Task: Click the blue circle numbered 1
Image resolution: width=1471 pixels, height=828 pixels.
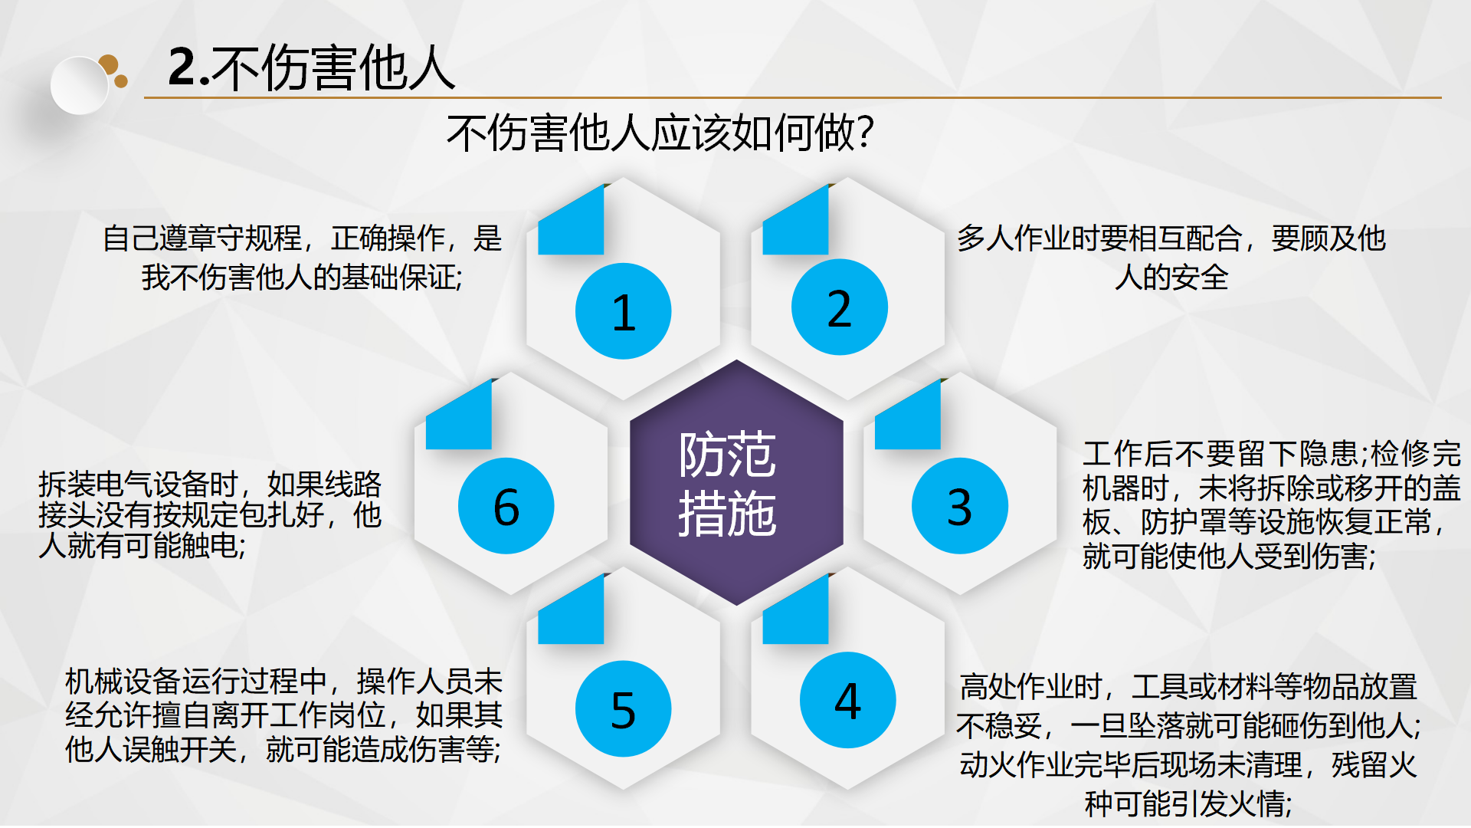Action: pyautogui.click(x=623, y=310)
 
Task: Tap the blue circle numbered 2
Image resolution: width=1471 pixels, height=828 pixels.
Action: pyautogui.click(x=840, y=307)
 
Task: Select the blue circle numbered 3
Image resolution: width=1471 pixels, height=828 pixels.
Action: pyautogui.click(x=959, y=506)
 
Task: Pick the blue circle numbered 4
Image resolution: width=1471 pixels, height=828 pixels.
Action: pyautogui.click(x=847, y=700)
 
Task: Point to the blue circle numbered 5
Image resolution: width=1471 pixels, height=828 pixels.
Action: pyautogui.click(x=623, y=709)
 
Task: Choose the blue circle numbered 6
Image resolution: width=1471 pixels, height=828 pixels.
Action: pyautogui.click(x=506, y=506)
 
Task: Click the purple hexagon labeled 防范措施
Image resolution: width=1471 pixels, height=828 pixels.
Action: pyautogui.click(x=736, y=482)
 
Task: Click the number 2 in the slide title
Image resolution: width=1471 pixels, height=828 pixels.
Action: pyautogui.click(x=182, y=67)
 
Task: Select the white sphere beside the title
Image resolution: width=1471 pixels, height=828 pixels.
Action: pyautogui.click(x=80, y=85)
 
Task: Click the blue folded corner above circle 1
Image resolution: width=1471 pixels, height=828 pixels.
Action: pyautogui.click(x=571, y=220)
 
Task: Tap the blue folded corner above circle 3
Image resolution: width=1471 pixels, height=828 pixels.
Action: pyautogui.click(x=908, y=414)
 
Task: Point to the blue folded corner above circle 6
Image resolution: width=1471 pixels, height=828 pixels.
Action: pyautogui.click(x=459, y=414)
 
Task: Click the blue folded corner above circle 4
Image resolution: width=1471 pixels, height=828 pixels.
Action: pyautogui.click(x=795, y=609)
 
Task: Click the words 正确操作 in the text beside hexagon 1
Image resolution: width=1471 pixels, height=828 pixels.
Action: pyautogui.click(x=388, y=238)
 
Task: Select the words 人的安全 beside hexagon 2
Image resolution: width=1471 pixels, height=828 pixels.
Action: pyautogui.click(x=1171, y=277)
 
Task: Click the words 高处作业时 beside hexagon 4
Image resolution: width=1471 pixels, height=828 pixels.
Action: pyautogui.click(x=1031, y=686)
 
